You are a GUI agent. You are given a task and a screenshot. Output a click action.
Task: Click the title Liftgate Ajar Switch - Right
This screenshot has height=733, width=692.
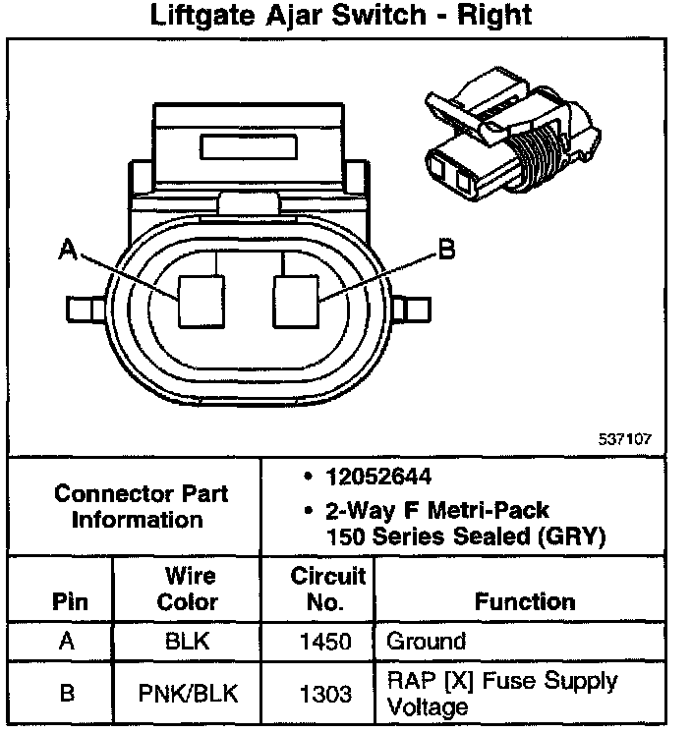342,17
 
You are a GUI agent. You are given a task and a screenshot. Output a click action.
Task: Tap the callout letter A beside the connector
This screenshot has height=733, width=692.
67,252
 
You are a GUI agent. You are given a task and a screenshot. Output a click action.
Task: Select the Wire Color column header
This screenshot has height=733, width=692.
188,588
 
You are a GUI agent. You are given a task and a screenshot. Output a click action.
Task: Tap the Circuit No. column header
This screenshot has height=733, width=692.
327,588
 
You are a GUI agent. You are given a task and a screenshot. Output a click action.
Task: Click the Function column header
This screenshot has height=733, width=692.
525,600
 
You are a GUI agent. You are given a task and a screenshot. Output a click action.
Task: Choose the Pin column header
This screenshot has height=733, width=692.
67,600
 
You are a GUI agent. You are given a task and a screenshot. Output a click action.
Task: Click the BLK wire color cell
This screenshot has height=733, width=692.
188,643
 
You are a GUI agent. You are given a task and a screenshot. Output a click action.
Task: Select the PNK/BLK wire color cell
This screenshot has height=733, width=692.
188,694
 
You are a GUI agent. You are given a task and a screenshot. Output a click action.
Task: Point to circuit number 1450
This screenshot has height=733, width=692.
325,643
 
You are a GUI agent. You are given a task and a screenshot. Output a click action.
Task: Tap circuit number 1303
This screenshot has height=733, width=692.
325,694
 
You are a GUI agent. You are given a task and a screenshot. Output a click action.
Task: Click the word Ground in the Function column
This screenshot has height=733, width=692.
426,643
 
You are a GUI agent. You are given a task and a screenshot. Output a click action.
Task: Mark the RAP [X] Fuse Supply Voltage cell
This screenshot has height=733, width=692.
501,694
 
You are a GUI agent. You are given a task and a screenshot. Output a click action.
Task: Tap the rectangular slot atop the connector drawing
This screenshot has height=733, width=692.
250,144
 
